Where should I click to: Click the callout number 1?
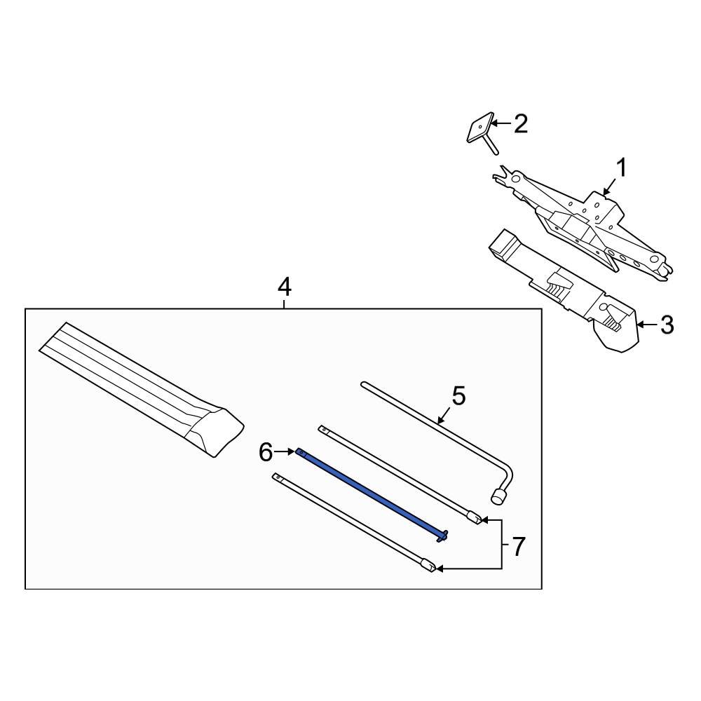click(x=622, y=168)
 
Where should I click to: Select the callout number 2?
click(x=521, y=124)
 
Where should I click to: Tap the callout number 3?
click(x=667, y=325)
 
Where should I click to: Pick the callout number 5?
click(x=458, y=396)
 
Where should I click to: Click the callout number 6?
click(x=266, y=452)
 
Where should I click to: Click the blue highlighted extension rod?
click(x=371, y=494)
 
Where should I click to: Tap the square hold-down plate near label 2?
click(x=480, y=128)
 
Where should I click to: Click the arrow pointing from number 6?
click(x=285, y=452)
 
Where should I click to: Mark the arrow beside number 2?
click(x=501, y=123)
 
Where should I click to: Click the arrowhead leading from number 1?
click(x=606, y=191)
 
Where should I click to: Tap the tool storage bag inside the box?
click(x=142, y=389)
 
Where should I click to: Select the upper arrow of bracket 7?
click(x=491, y=520)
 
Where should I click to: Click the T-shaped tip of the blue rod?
click(x=442, y=536)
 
